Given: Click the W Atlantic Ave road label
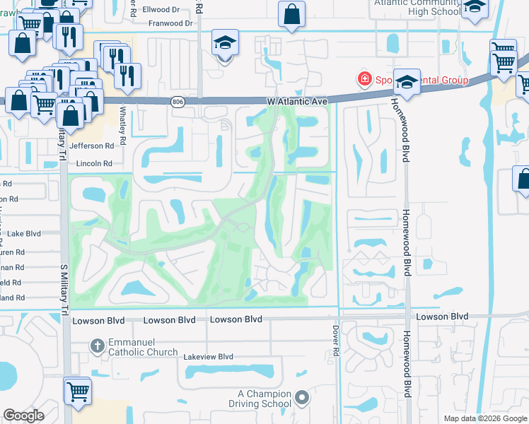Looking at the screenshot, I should (298, 102).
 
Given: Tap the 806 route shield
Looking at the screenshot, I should (178, 102).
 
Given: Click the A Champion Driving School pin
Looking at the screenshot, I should (303, 398).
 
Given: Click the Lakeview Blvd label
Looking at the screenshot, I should (208, 357).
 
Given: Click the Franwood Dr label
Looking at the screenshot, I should (170, 23).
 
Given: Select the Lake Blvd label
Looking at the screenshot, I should (23, 232).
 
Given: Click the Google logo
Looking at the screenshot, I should (24, 416).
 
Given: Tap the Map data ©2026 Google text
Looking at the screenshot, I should (484, 418).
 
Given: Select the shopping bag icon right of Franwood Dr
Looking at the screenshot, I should (291, 13).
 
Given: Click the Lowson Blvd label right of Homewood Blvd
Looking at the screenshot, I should (442, 316).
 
